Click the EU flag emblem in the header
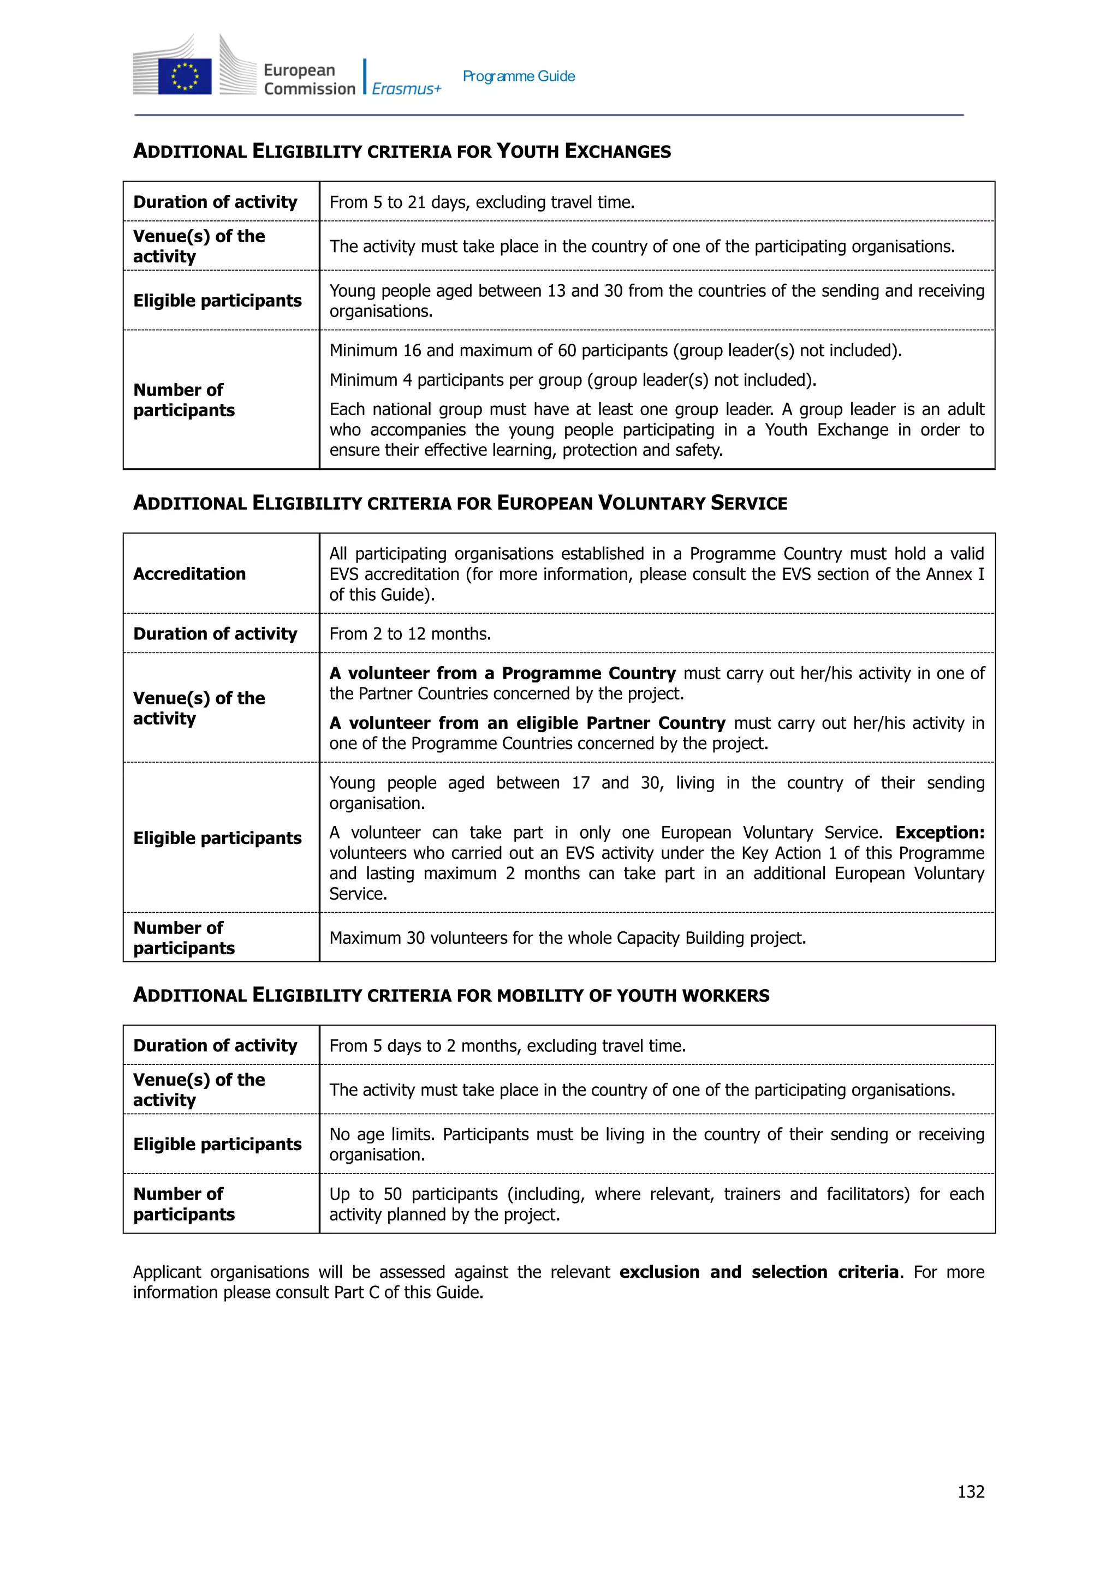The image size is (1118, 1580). [185, 76]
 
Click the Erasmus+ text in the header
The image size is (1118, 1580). [406, 89]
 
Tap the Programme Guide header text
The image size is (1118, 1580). [519, 76]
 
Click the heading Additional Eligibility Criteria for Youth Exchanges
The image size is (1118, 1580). [402, 151]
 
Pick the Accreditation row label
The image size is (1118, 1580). [189, 574]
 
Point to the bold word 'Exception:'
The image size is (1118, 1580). [939, 833]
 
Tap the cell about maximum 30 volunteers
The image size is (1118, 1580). [567, 938]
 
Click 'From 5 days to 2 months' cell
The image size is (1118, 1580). [507, 1046]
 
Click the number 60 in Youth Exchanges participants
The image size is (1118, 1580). [567, 350]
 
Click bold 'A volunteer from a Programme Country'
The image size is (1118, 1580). [503, 673]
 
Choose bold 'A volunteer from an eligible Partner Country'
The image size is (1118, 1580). [527, 723]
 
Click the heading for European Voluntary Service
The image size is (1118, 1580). [460, 503]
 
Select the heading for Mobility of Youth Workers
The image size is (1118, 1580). [451, 995]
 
